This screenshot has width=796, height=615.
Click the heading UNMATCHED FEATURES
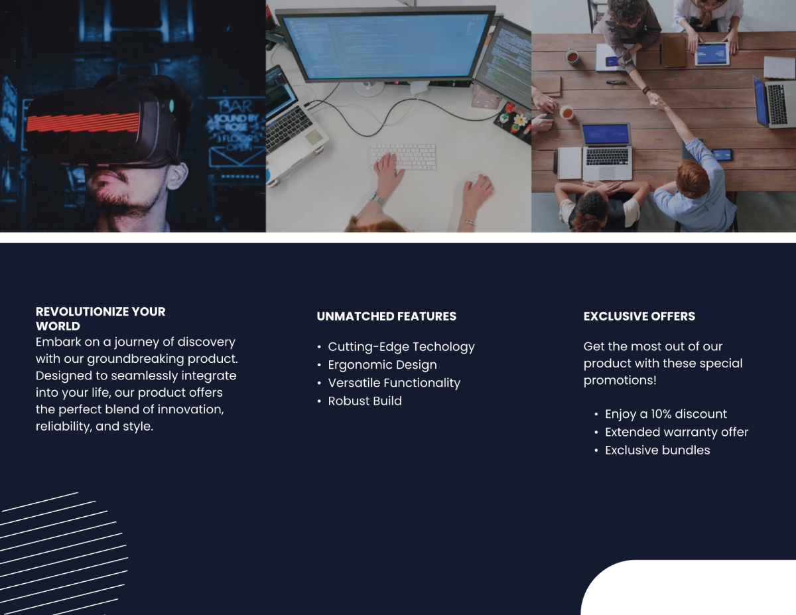386,316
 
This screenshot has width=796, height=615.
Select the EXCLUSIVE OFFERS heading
639,316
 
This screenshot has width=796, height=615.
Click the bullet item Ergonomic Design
382,365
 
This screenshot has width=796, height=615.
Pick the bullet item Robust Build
365,401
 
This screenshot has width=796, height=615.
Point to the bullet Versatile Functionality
393,383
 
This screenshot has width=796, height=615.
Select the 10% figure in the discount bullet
661,414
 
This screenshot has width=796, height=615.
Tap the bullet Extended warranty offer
676,432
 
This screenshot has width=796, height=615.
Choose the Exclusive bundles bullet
657,450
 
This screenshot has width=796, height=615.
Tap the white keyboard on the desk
403,157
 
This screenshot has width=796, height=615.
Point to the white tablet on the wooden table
712,54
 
